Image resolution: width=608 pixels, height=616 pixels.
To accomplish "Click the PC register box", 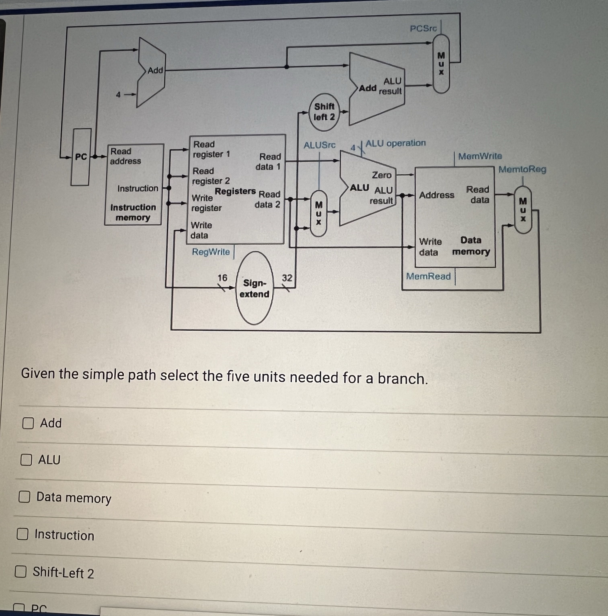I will (81, 157).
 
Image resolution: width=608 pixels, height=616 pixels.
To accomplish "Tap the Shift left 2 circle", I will (324, 112).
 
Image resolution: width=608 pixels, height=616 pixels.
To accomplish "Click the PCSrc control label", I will (423, 29).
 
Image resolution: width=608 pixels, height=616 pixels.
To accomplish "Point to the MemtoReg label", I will (522, 169).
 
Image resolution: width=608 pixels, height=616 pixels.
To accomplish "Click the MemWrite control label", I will (480, 156).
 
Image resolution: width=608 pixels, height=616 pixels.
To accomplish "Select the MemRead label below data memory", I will (428, 276).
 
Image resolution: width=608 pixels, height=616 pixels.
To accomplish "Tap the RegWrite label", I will (211, 252).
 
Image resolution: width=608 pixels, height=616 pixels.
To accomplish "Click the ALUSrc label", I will (319, 145).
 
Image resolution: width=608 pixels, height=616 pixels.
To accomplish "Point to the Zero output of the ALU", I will (382, 175).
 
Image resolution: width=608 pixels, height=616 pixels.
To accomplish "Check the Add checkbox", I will (28, 423).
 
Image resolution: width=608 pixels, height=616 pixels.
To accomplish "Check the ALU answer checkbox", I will (26, 460).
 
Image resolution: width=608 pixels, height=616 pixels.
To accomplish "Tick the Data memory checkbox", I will (24, 497).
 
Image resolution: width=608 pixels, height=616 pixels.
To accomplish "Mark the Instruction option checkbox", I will (22, 534).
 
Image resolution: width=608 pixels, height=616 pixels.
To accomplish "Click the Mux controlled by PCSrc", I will (441, 64).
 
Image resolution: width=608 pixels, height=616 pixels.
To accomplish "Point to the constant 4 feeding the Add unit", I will (118, 95).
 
